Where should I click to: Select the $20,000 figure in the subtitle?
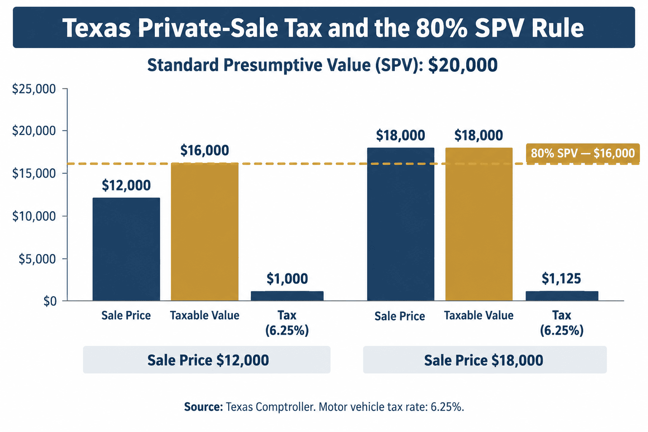(x=462, y=65)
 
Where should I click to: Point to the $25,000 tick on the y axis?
(x=34, y=89)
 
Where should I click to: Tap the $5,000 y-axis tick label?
(x=37, y=259)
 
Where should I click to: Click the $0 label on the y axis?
(x=50, y=302)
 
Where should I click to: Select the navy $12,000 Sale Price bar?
(x=126, y=249)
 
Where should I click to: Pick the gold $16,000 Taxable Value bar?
(x=205, y=232)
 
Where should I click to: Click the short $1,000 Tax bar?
(x=287, y=296)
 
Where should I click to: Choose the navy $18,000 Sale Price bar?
(x=401, y=224)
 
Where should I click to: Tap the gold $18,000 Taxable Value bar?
(x=479, y=224)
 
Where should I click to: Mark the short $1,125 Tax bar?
(x=562, y=296)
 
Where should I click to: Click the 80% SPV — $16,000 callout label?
(x=583, y=154)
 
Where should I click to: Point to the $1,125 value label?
(x=561, y=278)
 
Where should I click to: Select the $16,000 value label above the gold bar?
(x=205, y=150)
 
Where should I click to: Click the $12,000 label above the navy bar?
(x=126, y=185)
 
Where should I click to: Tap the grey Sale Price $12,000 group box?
(x=207, y=360)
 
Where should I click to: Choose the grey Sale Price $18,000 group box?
(x=485, y=360)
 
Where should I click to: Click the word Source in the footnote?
(x=204, y=407)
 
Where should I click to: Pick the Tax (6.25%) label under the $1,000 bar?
(x=287, y=323)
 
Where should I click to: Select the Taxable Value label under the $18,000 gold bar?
(x=479, y=316)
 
